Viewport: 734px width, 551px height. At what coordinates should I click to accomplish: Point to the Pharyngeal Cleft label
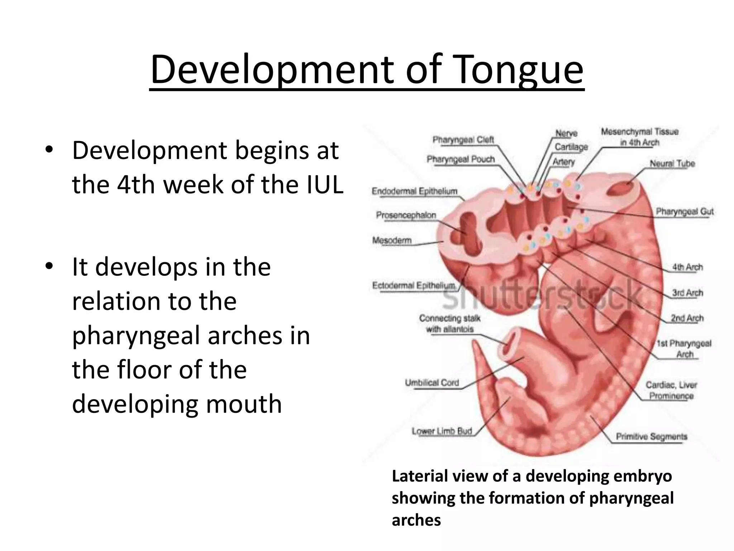point(463,140)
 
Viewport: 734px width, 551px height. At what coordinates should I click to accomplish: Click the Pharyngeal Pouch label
point(461,159)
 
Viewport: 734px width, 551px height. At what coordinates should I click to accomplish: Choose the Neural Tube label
point(672,164)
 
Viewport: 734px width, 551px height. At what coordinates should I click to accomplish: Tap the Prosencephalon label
point(406,215)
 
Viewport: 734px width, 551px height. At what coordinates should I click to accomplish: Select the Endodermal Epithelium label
point(415,191)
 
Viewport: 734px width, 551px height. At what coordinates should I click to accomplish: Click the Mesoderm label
point(392,240)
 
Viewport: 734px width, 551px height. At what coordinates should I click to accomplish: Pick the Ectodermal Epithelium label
point(414,286)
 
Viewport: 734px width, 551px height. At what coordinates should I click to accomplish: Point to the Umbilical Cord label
point(432,383)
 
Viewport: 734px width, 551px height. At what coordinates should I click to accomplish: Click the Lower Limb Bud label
point(442,431)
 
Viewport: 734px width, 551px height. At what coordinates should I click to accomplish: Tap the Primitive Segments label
point(652,437)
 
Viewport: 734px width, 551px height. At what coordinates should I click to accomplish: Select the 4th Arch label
point(687,267)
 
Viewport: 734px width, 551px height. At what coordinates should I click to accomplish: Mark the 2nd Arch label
point(687,318)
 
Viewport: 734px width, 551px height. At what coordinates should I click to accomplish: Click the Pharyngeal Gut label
point(685,212)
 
